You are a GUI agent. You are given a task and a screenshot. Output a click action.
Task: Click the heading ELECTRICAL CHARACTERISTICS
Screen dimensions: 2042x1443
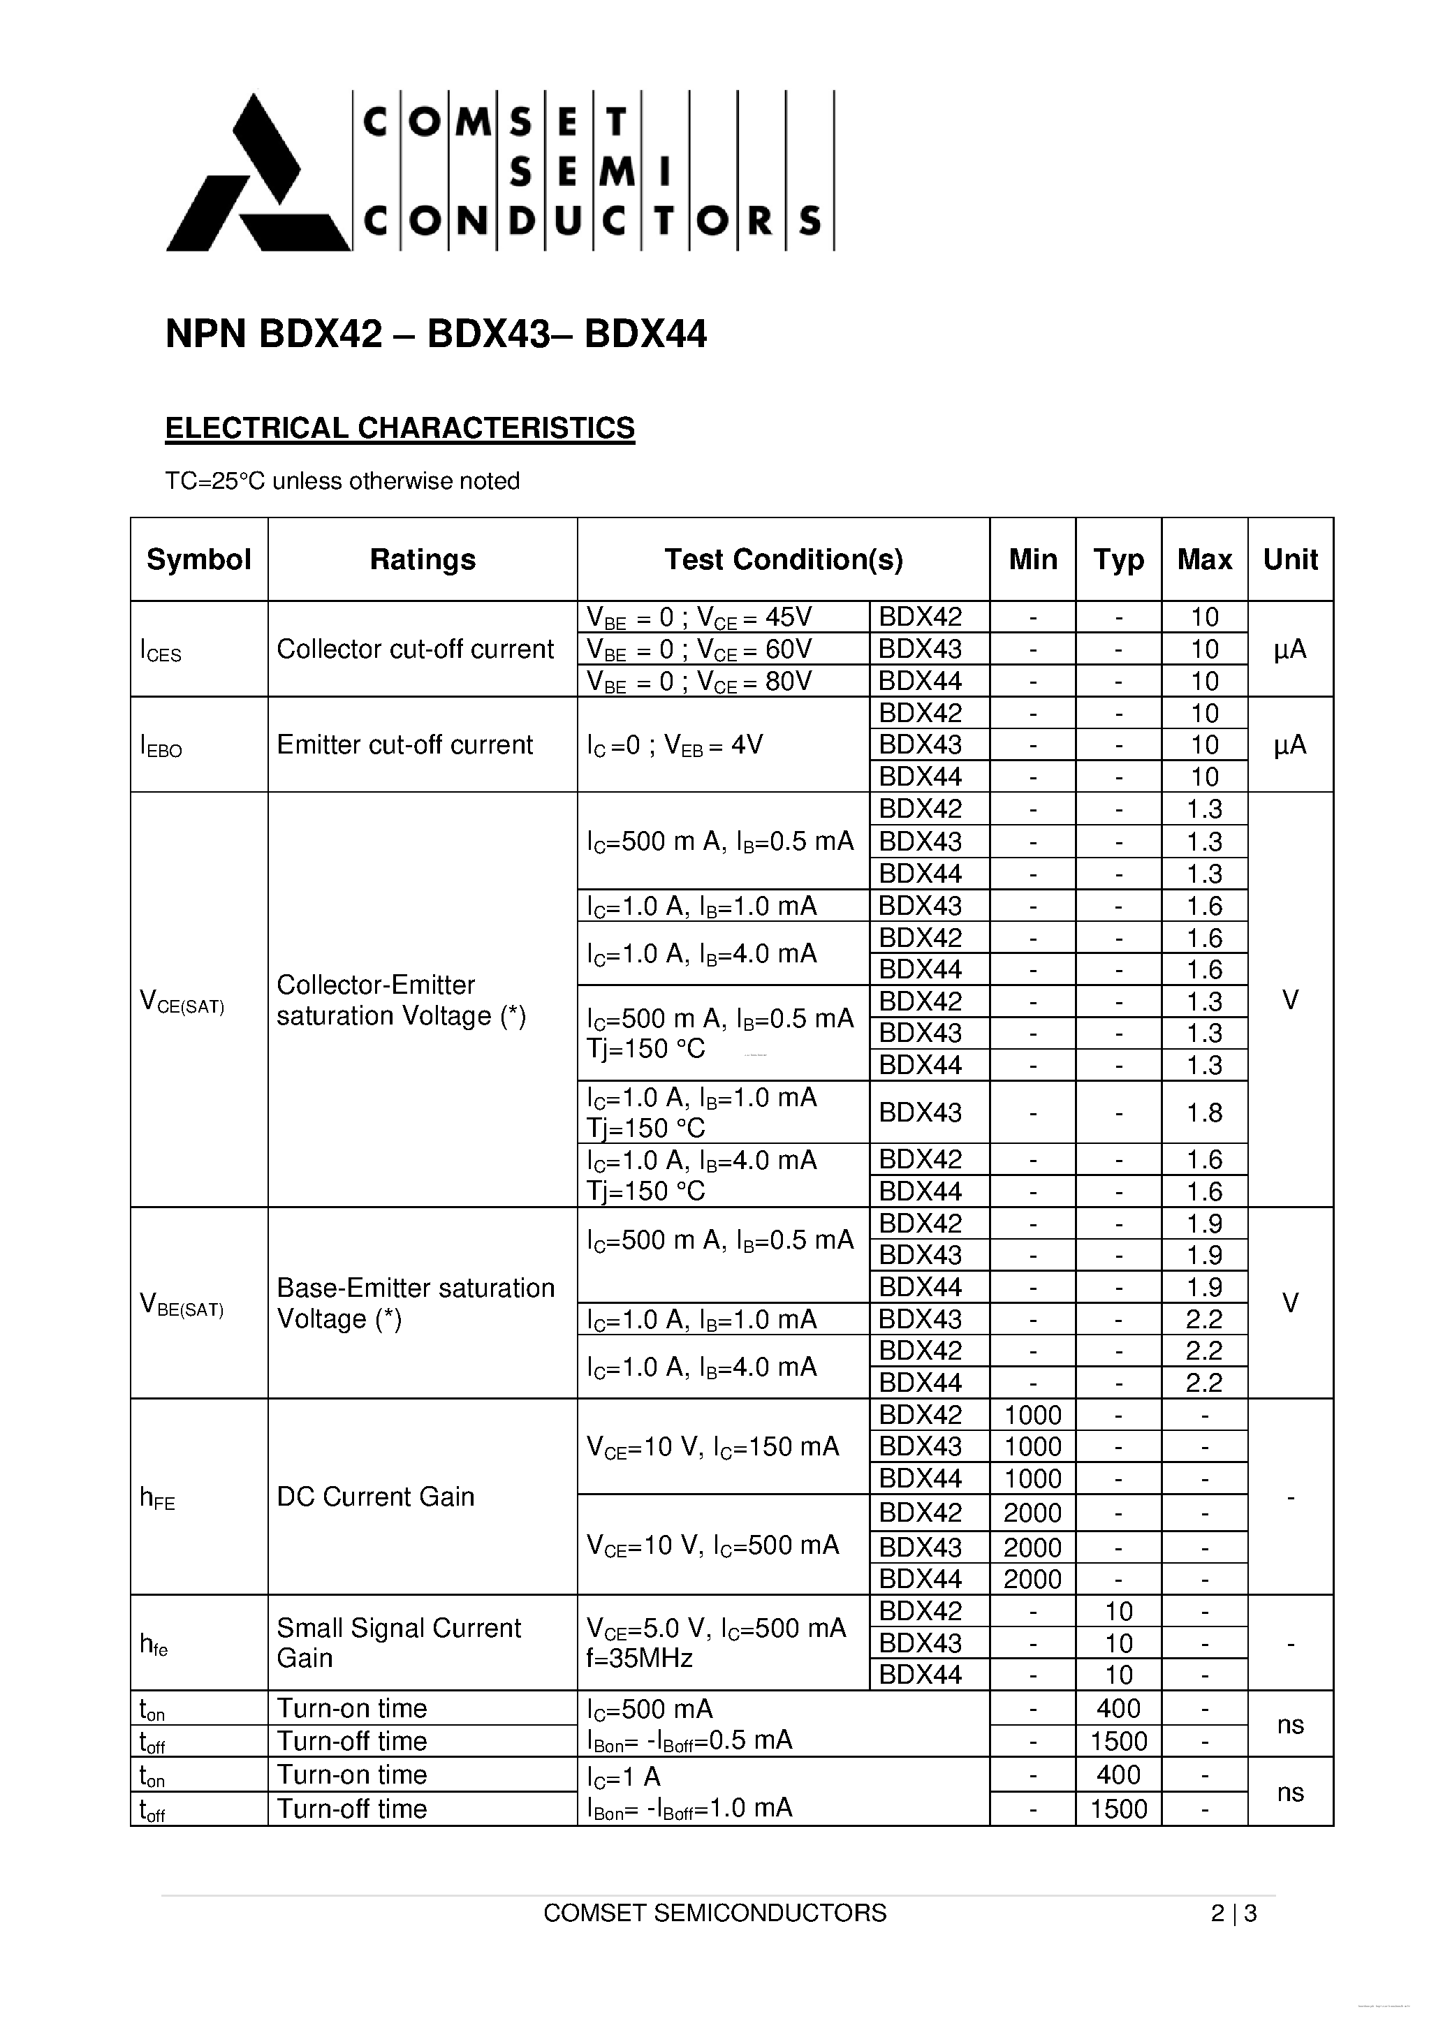point(400,428)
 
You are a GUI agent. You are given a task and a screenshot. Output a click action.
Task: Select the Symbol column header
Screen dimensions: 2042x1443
point(198,559)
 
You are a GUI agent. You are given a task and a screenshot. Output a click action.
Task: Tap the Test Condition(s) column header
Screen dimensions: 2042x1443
point(783,559)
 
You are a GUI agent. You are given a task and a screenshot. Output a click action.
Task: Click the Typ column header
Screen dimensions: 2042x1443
point(1118,559)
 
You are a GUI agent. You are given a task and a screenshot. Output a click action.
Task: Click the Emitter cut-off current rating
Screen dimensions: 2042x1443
point(405,744)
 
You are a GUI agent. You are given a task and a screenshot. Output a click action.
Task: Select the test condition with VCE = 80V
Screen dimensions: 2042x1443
point(698,682)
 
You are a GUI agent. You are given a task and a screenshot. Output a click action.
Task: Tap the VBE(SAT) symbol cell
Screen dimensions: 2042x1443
point(182,1304)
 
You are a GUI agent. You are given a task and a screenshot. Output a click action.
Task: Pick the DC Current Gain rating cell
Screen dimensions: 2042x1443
point(376,1497)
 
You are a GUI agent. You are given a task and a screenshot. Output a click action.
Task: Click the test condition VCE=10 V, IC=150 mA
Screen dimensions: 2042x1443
point(712,1447)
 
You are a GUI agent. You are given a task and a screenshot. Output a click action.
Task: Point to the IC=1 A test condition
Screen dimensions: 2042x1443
point(624,1776)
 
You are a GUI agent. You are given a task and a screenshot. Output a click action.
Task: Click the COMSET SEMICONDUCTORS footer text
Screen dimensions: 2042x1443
point(715,1913)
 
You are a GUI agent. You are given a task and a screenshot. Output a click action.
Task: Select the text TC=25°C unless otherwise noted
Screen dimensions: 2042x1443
point(342,481)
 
